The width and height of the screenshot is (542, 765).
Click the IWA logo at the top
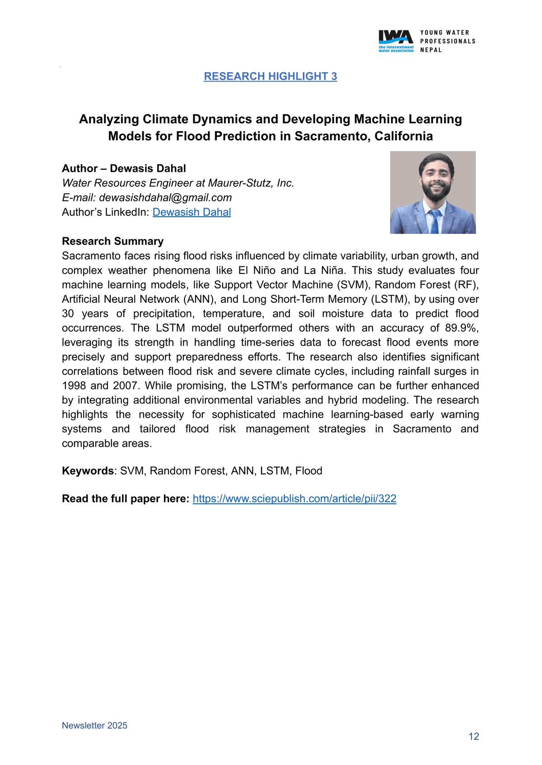396,41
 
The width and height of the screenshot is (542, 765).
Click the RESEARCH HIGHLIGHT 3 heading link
270,76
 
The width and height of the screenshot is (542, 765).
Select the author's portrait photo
433,192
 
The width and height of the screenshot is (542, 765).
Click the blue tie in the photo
435,222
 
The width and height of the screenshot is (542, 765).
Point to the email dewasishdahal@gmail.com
165,198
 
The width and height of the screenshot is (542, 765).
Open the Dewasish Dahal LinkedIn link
192,212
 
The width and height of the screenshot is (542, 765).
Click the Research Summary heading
112,241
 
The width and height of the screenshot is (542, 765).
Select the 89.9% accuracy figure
462,328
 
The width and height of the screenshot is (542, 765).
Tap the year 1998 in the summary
74,386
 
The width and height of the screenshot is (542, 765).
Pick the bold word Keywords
88,471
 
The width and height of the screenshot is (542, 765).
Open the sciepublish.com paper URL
294,499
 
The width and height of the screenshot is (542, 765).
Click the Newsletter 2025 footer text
94,725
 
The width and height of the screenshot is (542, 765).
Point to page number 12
473,737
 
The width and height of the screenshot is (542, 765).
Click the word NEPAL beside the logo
431,50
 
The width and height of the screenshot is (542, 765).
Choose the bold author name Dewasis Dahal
148,168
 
